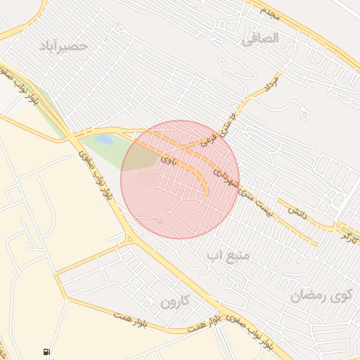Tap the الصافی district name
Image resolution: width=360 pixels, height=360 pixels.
pos(261,38)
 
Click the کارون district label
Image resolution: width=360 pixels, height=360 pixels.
pos(176,302)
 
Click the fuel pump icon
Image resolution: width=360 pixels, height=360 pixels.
pos(46,351)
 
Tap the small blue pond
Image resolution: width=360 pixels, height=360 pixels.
pos(104,140)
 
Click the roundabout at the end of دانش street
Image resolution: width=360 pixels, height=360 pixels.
pos(340,228)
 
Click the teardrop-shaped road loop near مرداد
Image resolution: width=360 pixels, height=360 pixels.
pos(303,111)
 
